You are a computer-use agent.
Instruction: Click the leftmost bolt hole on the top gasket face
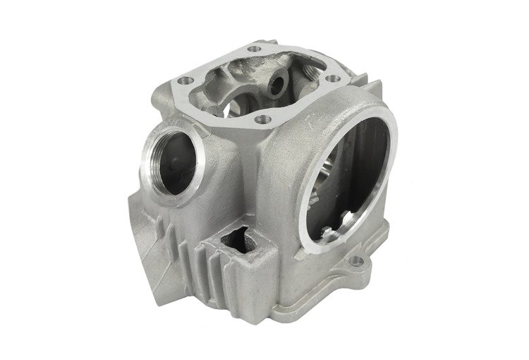181,82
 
